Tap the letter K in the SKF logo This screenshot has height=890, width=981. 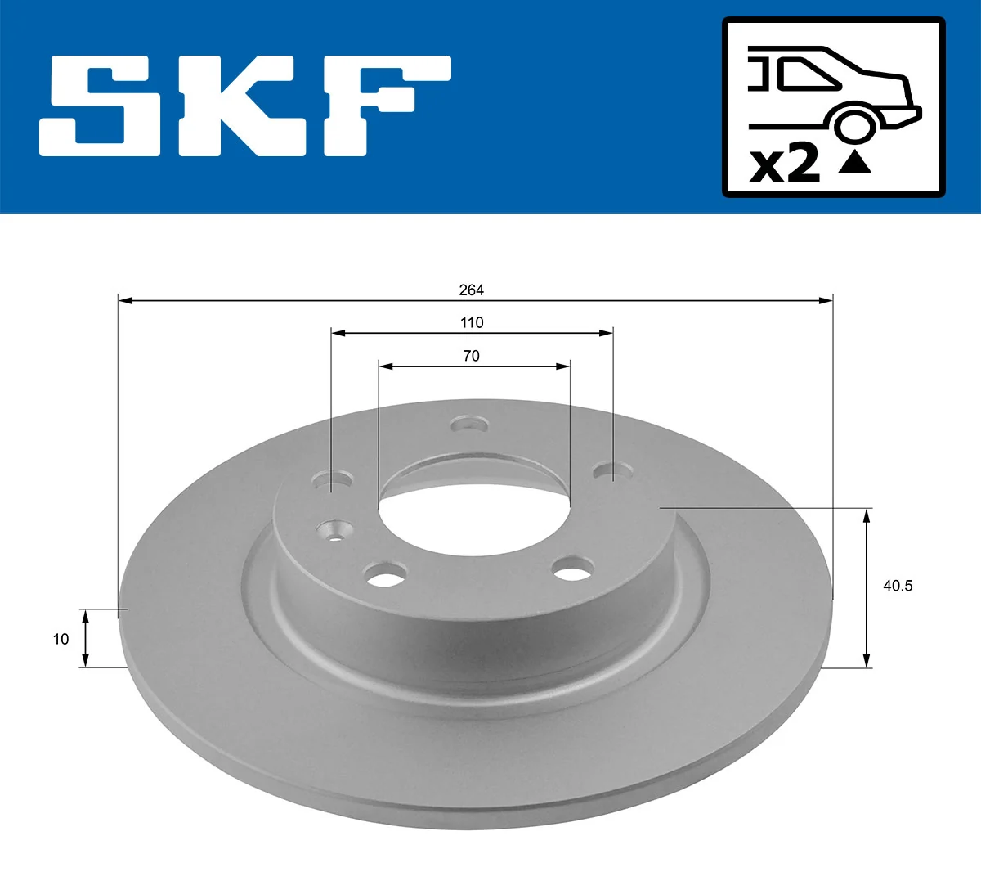238,106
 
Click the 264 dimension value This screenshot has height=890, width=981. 471,290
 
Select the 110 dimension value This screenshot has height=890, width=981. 472,322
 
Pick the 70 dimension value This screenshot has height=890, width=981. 472,356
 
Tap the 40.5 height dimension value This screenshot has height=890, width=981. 898,586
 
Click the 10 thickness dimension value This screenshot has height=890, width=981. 60,639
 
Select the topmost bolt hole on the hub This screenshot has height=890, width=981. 470,425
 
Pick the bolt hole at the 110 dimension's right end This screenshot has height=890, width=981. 613,471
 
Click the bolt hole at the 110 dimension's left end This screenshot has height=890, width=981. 333,479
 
